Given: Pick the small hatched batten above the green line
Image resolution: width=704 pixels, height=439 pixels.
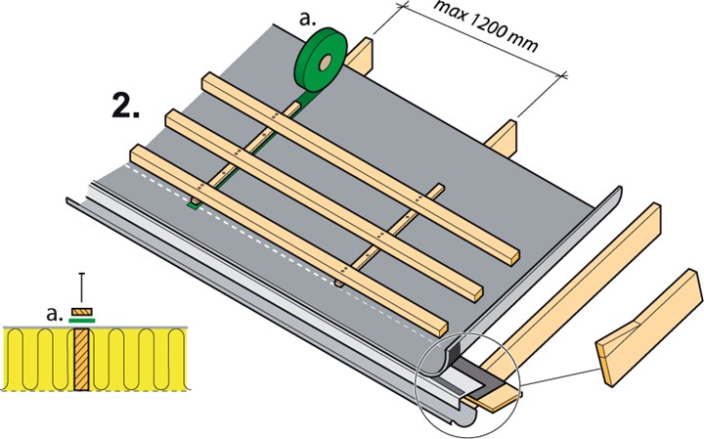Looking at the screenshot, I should pos(83,308).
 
